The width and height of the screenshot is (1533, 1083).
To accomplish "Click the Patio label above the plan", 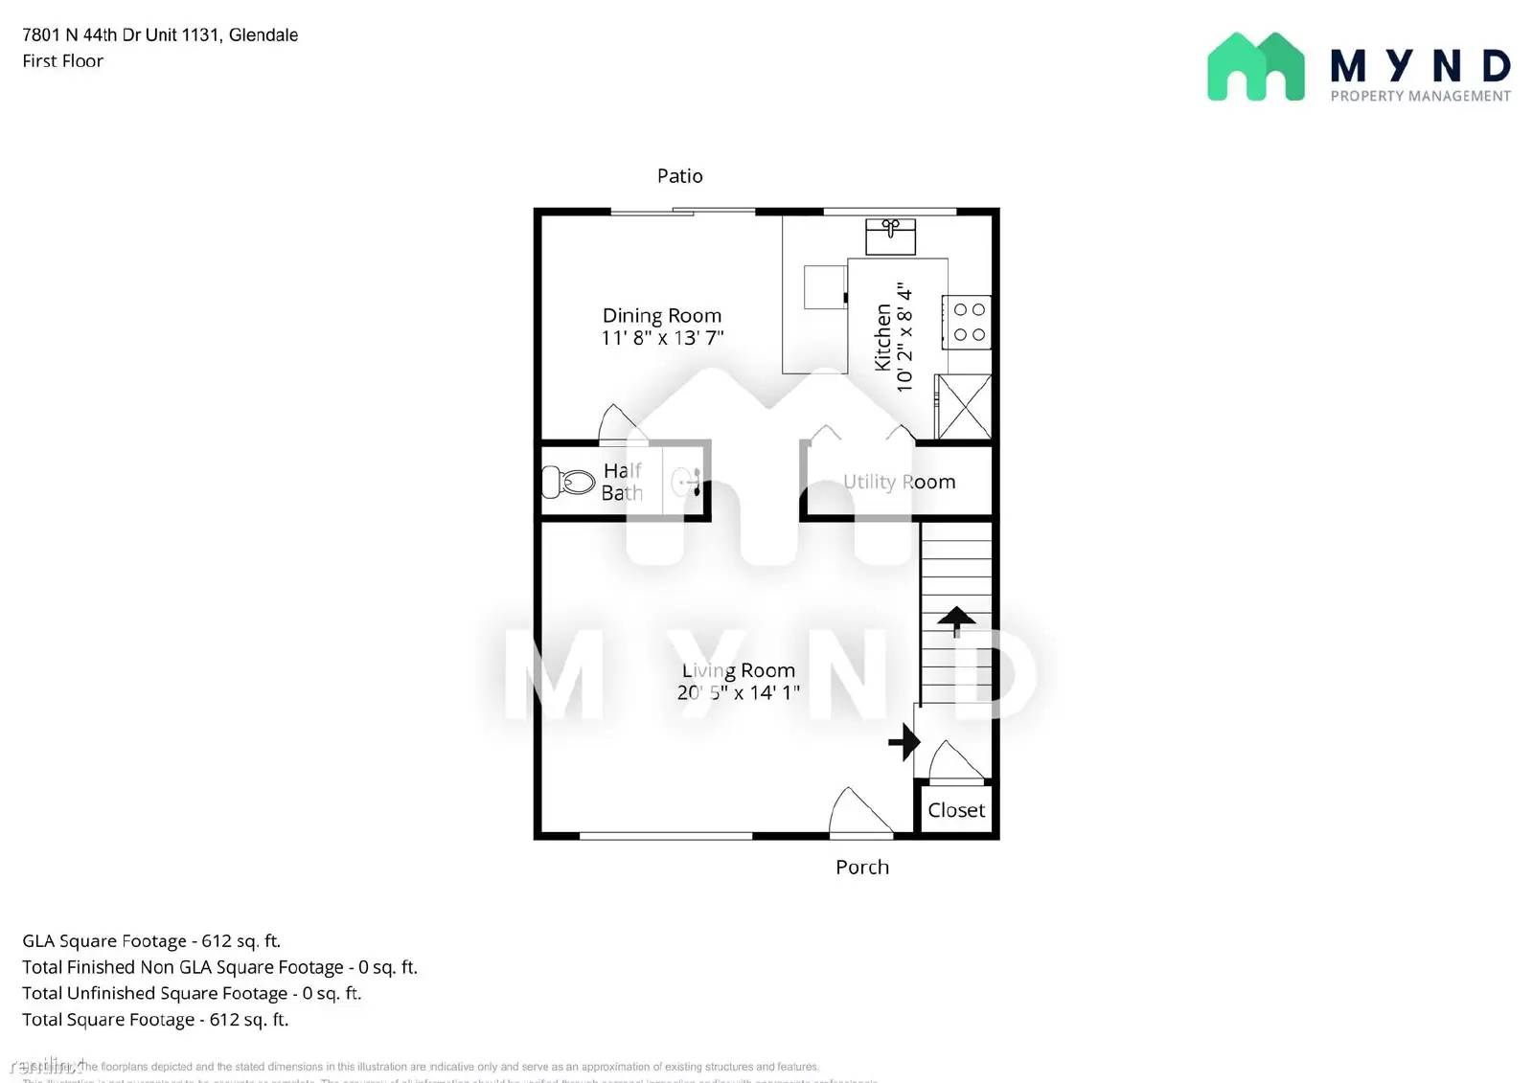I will [x=679, y=176].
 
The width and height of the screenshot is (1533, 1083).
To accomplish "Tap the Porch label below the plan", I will [x=861, y=868].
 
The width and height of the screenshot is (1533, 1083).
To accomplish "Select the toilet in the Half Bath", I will [x=568, y=481].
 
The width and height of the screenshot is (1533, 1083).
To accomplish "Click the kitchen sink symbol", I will [x=890, y=235].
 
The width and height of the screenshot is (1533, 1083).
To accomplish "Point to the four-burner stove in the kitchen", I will [x=968, y=322].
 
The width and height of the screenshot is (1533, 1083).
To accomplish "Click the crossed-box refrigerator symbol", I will [x=963, y=407].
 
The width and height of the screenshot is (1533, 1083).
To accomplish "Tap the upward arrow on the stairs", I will [x=955, y=620].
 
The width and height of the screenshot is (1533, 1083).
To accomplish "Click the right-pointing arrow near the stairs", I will [x=904, y=741].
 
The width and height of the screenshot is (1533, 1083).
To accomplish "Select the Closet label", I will [x=955, y=810].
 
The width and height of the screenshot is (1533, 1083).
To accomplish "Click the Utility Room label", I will [x=899, y=482].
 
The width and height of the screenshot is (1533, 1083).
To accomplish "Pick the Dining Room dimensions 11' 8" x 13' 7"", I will [x=662, y=338].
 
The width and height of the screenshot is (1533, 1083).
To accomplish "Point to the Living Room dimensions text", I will [x=738, y=692].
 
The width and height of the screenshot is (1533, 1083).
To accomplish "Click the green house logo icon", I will [x=1255, y=67].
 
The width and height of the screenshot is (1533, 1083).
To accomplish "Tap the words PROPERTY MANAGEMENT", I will [x=1420, y=96].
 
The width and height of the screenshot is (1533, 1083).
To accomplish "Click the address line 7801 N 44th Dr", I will [x=160, y=35].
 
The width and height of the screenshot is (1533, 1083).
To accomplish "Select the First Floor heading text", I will [x=63, y=61].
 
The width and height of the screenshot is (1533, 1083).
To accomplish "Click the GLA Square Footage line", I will [x=151, y=941].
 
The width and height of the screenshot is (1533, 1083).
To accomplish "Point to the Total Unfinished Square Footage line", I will [x=192, y=994].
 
